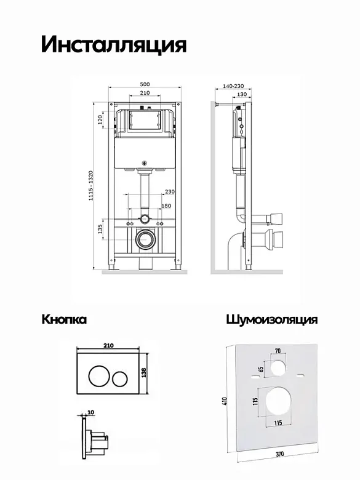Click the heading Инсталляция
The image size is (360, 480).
(x=114, y=45)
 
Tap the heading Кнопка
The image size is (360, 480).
(x=64, y=319)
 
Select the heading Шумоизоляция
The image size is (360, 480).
(x=272, y=319)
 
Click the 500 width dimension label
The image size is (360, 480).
(x=145, y=84)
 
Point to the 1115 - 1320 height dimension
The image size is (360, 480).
(x=91, y=185)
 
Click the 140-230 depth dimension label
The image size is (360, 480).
(x=233, y=87)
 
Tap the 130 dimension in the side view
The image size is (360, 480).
(x=242, y=94)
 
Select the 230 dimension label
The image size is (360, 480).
(x=170, y=191)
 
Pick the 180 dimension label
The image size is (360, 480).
(x=166, y=206)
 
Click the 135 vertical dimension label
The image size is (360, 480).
(x=100, y=229)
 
